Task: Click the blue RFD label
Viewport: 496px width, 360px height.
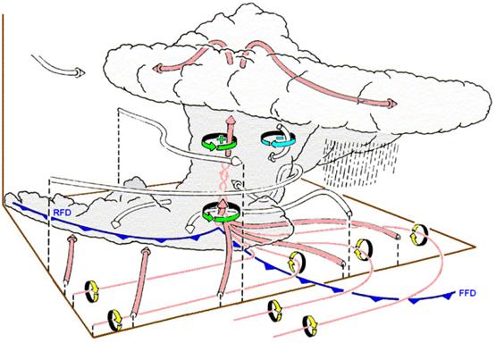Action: click(62, 213)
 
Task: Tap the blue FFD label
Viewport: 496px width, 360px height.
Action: click(467, 293)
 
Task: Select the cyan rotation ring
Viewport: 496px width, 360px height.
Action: click(278, 139)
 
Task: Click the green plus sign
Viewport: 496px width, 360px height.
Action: click(221, 138)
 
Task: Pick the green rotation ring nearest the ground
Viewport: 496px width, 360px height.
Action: click(221, 212)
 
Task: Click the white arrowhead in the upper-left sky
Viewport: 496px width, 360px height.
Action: click(80, 72)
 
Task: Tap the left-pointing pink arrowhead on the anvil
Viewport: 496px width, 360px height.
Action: click(157, 68)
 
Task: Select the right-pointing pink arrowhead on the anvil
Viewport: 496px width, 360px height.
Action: click(391, 104)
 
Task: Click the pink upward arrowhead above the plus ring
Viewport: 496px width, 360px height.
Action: click(231, 121)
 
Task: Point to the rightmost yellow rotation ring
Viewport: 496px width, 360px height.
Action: click(419, 234)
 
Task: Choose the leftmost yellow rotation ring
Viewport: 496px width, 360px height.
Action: click(92, 291)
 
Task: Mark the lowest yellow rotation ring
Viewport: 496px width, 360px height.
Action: click(310, 326)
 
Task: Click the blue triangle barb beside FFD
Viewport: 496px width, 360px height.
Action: click(447, 296)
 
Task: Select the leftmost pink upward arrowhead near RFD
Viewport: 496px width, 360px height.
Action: click(72, 238)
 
